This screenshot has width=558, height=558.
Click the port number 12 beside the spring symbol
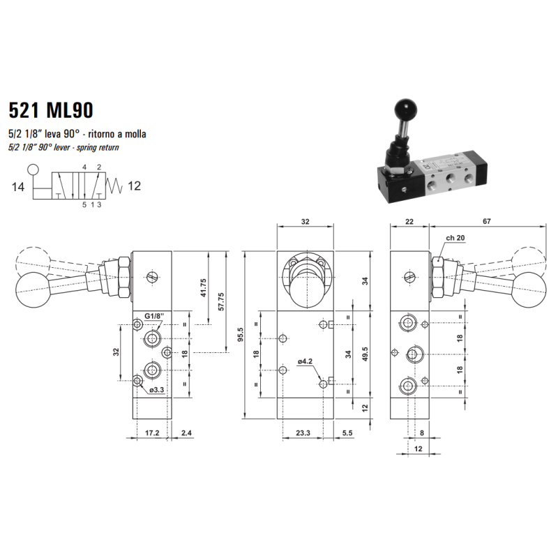click(x=135, y=186)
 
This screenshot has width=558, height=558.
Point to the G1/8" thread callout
click(x=153, y=316)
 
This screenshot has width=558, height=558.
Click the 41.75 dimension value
click(x=203, y=287)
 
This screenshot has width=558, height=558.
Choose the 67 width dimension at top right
click(x=486, y=221)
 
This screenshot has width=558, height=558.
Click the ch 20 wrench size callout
click(x=455, y=239)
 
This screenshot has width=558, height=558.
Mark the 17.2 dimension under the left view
click(x=152, y=433)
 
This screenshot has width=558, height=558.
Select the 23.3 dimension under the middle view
click(x=303, y=433)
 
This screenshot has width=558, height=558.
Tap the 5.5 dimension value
click(x=347, y=433)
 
